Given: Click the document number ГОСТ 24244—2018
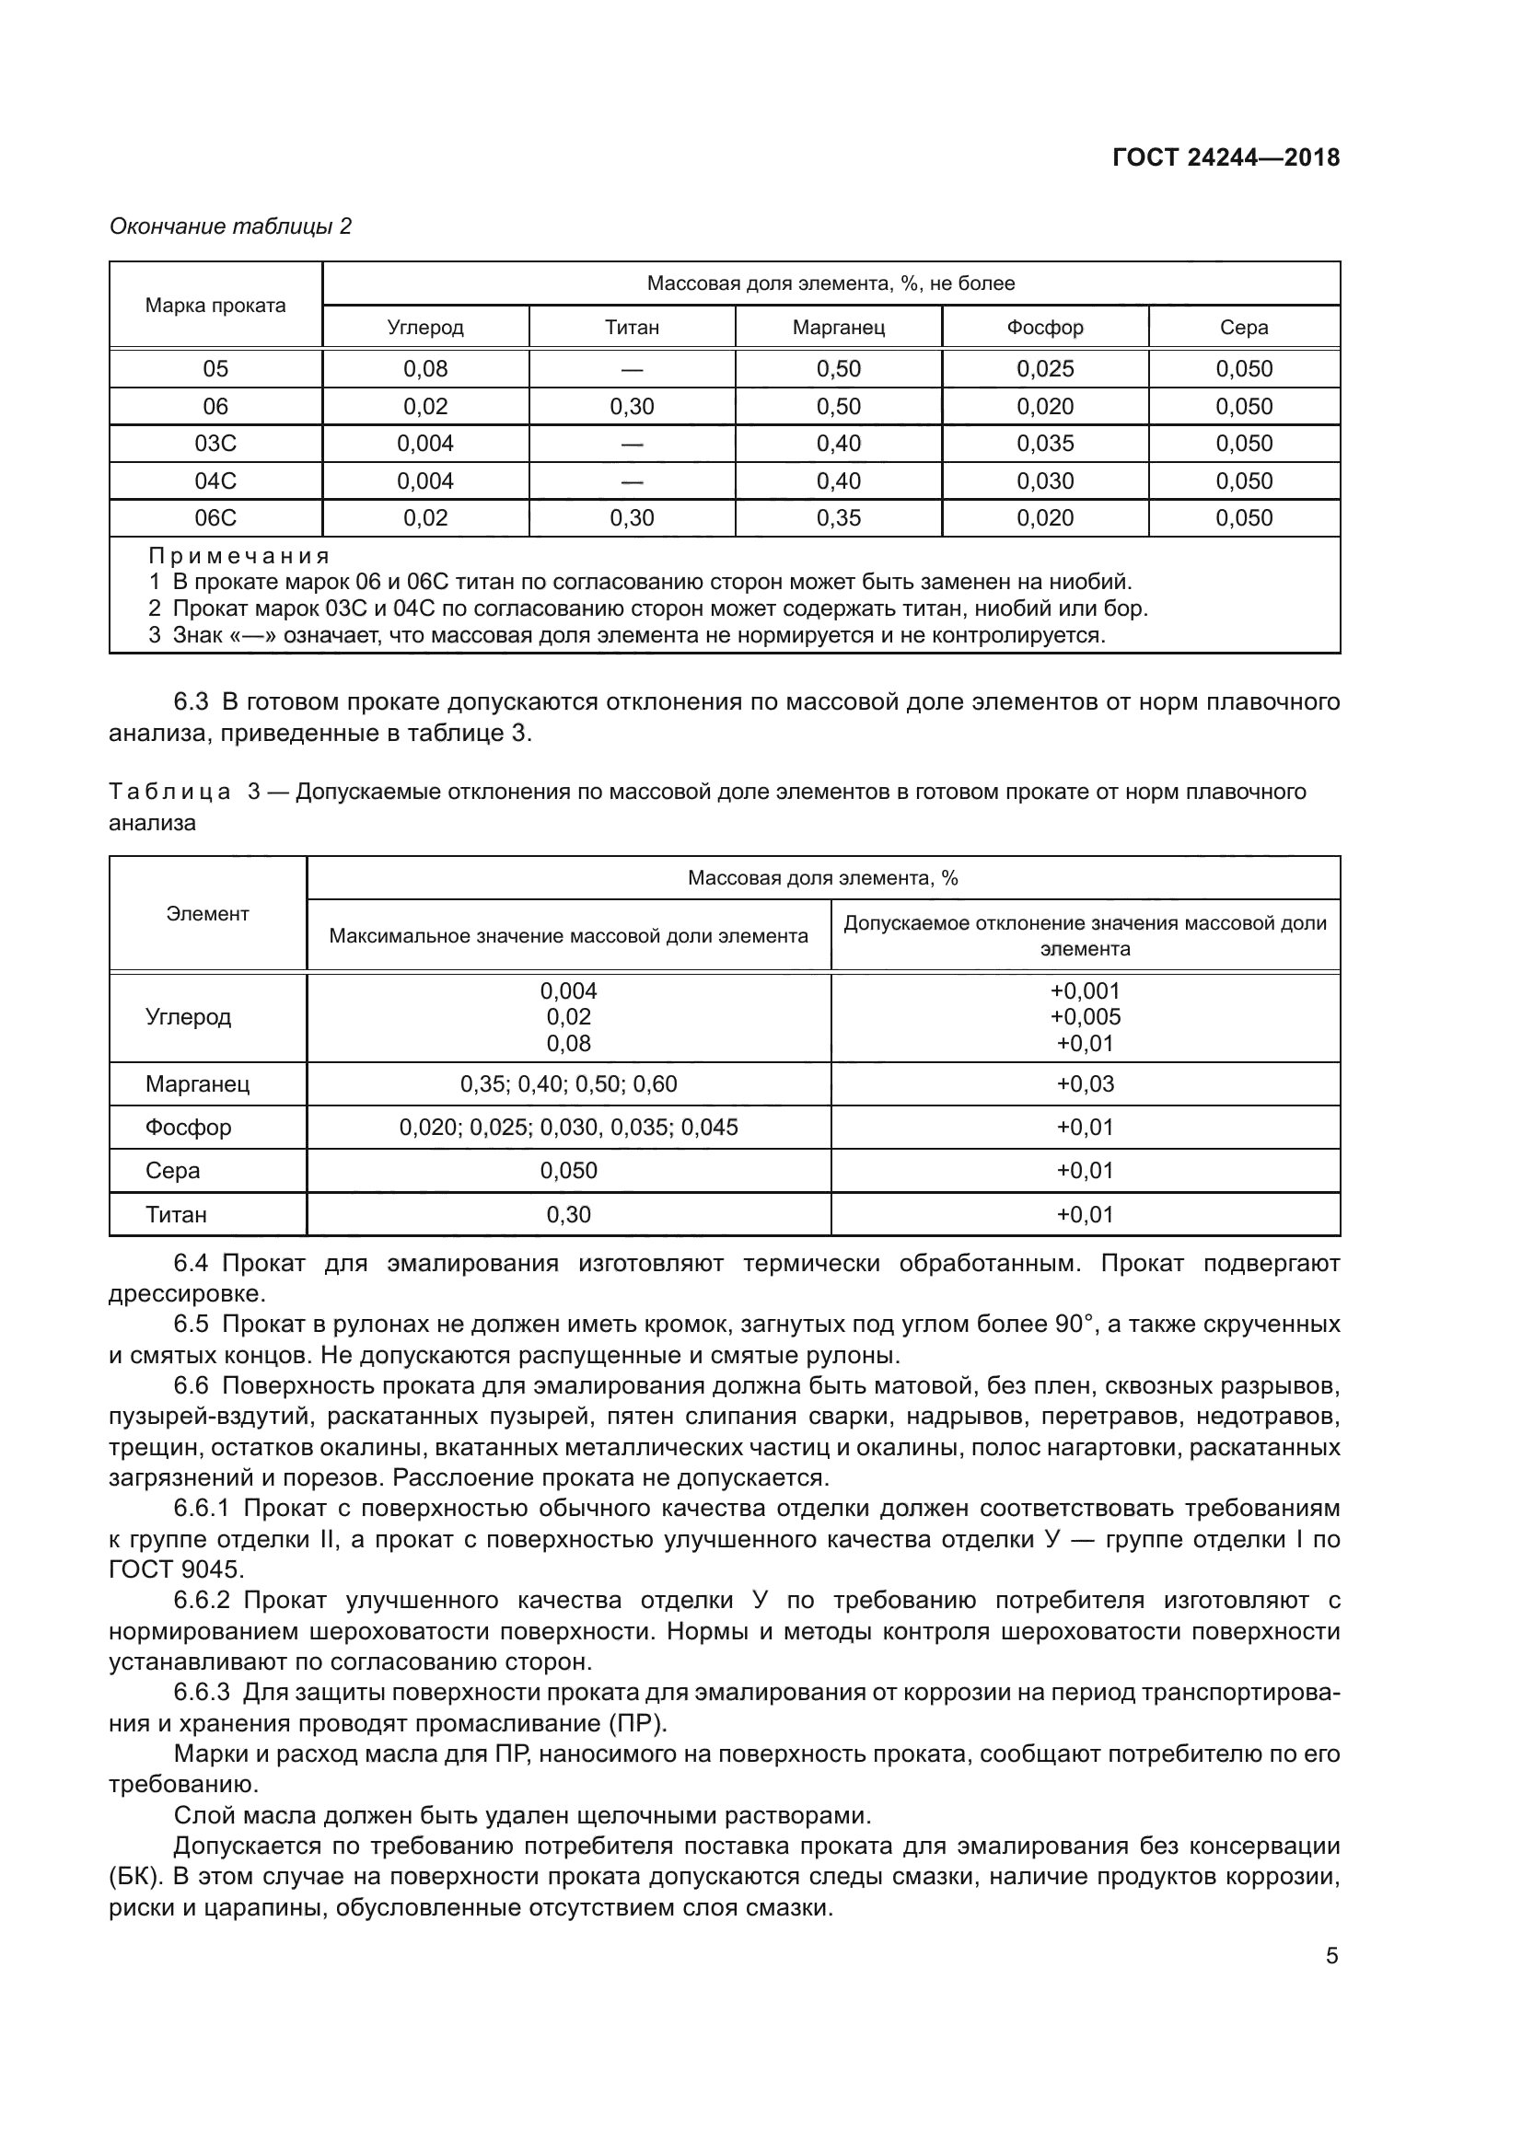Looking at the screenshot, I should coord(1226,157).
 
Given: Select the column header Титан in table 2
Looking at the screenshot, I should coord(631,328).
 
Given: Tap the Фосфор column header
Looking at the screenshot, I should coord(1045,328).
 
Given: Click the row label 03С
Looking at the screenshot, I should coord(215,444).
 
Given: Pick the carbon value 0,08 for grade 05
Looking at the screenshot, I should coord(424,368).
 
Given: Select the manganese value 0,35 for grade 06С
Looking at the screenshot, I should coord(838,517).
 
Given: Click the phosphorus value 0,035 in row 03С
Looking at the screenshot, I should coord(1045,444).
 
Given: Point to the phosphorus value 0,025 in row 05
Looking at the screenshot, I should coord(1045,368).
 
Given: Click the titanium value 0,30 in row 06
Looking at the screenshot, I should coord(631,406).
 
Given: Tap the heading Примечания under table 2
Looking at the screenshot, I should coord(239,556).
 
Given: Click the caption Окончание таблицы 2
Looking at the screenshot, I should coord(231,226).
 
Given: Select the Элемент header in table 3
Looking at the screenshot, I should coord(207,913).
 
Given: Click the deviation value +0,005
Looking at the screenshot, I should coord(1085,1016).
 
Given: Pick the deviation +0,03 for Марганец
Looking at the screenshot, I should coord(1085,1084).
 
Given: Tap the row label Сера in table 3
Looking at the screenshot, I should coord(172,1170).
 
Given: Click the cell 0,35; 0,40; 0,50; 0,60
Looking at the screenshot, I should coord(568,1084).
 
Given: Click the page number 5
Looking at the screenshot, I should coord(1331,1956).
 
